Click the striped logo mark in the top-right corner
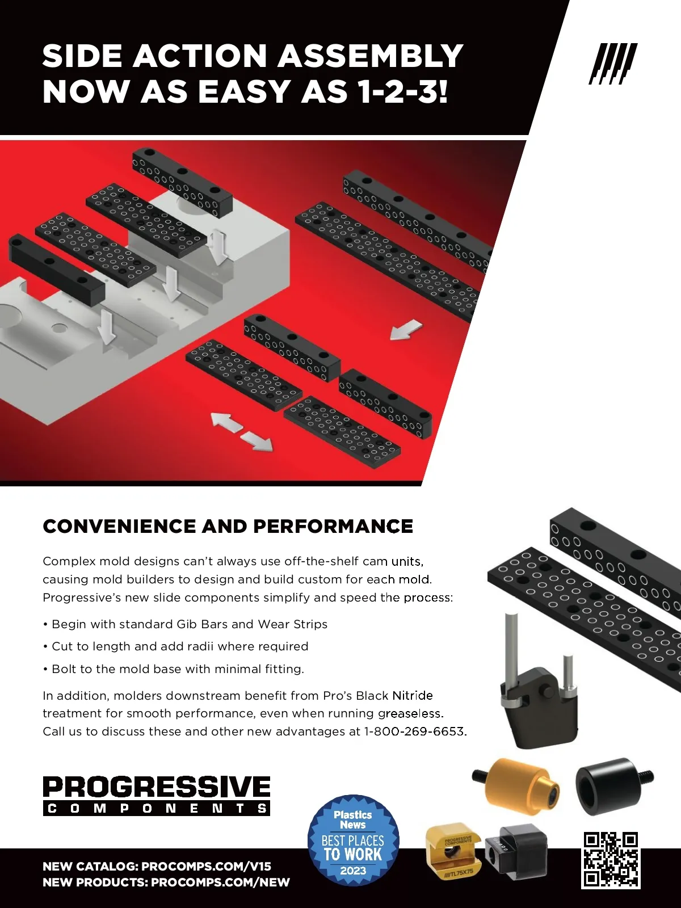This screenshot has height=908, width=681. [x=613, y=64]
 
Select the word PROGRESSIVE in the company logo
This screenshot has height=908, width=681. [x=157, y=787]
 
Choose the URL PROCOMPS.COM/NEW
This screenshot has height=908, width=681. [x=220, y=882]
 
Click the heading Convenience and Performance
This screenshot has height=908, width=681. [x=228, y=526]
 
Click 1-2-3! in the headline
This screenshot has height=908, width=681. [x=403, y=91]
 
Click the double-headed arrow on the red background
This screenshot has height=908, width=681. [x=242, y=432]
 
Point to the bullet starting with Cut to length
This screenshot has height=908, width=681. [x=176, y=646]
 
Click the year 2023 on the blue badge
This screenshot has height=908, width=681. [x=353, y=871]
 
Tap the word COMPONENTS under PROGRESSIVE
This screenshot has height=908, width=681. [x=157, y=808]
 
